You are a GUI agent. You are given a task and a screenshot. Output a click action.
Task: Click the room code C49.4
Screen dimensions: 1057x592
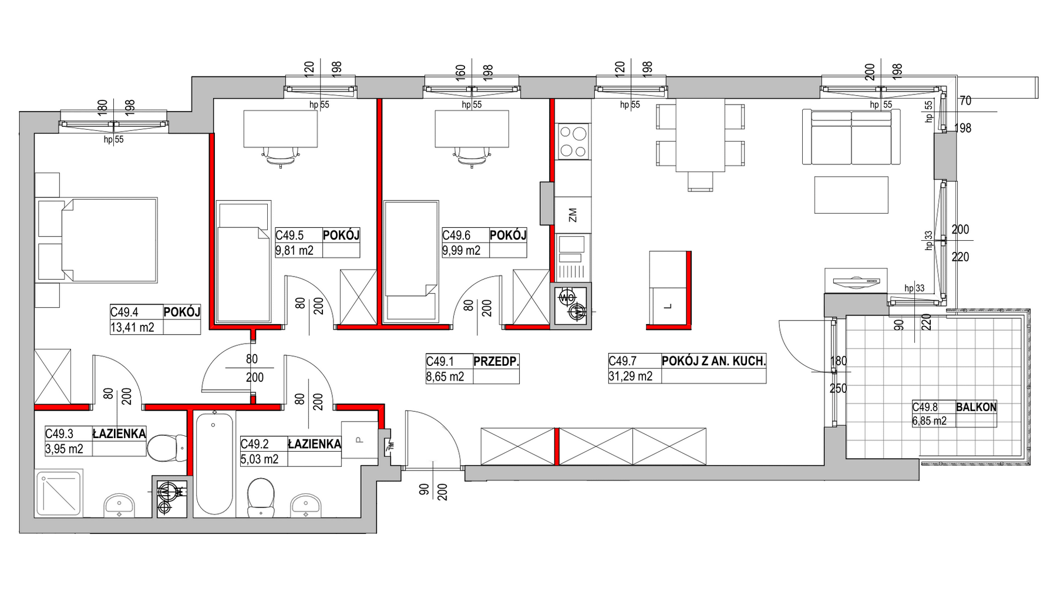[x=124, y=312]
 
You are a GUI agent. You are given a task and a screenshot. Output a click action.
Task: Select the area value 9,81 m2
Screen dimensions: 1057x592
[x=294, y=251]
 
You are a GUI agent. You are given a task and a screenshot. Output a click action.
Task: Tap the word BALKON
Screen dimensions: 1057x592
[x=976, y=407]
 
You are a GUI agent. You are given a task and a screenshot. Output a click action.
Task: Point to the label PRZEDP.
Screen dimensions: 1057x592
[x=496, y=362]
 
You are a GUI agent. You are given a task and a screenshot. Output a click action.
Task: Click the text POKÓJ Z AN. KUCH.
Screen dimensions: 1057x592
[x=713, y=362]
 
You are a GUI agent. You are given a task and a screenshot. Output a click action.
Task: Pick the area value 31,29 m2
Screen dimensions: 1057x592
[x=630, y=376]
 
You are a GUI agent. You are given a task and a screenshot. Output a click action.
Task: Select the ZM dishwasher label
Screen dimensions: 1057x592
[x=573, y=215]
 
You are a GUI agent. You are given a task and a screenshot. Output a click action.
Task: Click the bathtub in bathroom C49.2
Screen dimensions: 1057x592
[x=214, y=464]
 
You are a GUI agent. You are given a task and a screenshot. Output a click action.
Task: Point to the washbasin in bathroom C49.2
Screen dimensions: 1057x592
[x=306, y=505]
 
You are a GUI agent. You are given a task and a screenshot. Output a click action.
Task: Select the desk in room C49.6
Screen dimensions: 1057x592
[x=472, y=129]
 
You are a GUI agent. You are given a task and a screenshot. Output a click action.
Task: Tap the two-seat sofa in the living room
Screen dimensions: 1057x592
[x=851, y=137]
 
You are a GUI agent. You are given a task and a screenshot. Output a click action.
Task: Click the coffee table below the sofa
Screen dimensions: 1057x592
[x=851, y=195]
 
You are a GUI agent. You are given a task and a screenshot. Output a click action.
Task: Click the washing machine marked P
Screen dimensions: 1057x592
[x=359, y=439]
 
